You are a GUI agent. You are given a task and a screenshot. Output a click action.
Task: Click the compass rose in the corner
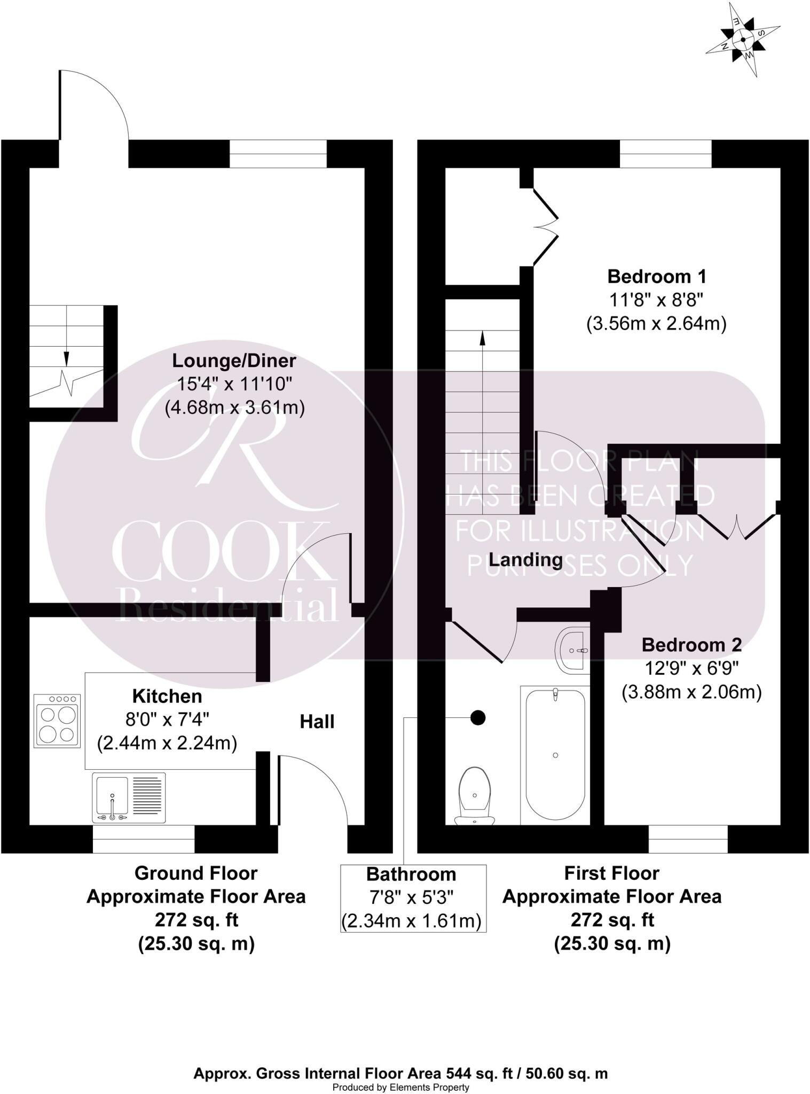(x=743, y=40)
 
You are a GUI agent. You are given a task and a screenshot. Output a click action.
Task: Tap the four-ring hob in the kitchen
(x=57, y=721)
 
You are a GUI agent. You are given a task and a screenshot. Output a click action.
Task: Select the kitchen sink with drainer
(x=129, y=798)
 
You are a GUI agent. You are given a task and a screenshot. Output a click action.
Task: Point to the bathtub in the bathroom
(x=555, y=754)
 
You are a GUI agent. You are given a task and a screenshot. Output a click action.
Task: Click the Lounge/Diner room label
(x=234, y=361)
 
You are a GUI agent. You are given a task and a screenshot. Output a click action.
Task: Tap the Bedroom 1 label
(x=656, y=277)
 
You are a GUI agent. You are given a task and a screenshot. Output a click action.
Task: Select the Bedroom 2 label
(x=691, y=645)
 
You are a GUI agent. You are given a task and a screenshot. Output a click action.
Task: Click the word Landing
(x=526, y=560)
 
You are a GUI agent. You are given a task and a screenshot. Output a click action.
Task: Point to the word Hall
(x=317, y=722)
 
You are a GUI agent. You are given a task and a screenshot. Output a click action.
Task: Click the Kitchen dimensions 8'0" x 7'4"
(x=167, y=720)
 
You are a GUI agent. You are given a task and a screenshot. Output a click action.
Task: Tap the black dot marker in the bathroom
(x=477, y=718)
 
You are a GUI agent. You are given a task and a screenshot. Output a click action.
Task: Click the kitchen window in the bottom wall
(x=143, y=839)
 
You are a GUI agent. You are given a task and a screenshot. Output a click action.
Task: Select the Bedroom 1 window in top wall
(x=665, y=154)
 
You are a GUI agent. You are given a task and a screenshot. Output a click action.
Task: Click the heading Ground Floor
(x=196, y=873)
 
